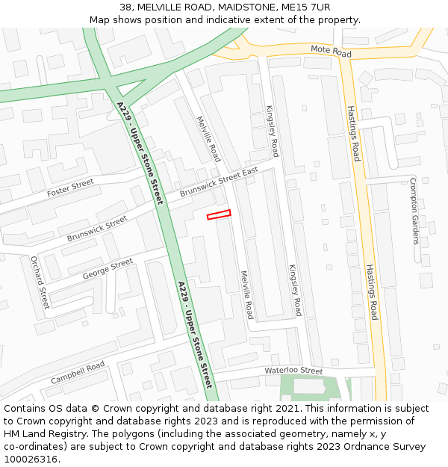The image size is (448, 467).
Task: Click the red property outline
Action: point(219,215)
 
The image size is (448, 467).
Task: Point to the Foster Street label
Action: point(70,188)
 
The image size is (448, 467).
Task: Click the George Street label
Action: point(108,269)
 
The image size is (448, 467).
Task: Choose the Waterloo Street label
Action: point(293,371)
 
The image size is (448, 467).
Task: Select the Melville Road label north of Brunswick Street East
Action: point(208,139)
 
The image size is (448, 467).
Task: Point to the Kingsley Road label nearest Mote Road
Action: point(272,131)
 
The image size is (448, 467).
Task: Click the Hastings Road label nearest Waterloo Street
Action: point(372,291)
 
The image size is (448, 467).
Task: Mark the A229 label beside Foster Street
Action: point(140,154)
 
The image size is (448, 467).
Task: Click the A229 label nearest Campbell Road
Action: point(196,334)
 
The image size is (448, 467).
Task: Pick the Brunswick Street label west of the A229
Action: point(96,229)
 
